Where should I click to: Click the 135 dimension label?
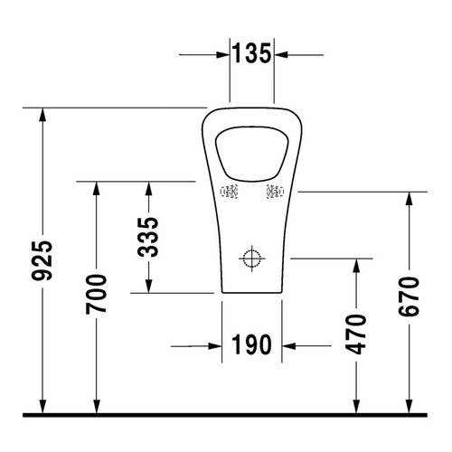252,53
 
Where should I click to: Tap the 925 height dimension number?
42,260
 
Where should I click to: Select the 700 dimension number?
96,294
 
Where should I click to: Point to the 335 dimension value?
148,237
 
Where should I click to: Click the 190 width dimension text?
251,344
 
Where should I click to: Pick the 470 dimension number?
356,334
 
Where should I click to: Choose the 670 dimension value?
409,297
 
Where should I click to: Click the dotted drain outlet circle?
252,259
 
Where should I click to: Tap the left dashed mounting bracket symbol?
229,192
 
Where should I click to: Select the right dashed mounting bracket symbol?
275,192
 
